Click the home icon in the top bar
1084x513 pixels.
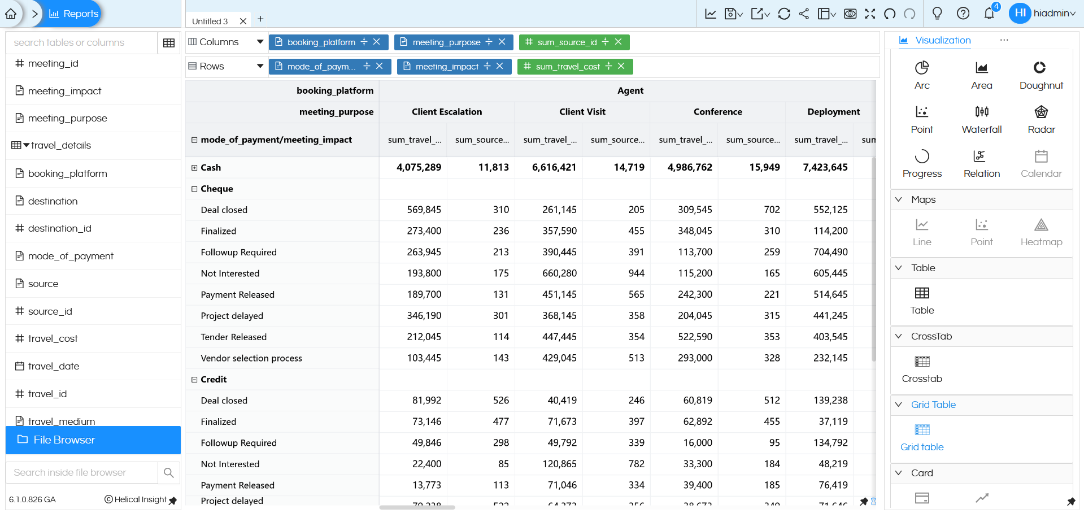pos(11,14)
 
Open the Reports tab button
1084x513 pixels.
pos(74,14)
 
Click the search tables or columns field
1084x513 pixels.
pos(81,43)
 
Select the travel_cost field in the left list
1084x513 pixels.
pos(53,338)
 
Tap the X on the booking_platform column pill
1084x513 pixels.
pos(377,42)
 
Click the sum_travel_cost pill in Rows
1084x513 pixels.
pos(567,67)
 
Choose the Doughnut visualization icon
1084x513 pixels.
pos(1041,68)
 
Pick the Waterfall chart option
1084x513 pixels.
pos(981,112)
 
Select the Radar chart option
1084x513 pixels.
pos(1041,112)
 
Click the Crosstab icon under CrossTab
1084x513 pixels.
pos(921,362)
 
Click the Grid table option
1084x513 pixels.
pos(921,431)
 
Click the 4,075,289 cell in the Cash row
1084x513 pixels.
pos(419,167)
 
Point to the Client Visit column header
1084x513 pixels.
pos(582,112)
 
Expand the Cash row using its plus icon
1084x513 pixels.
pos(194,168)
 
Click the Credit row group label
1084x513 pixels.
pos(214,380)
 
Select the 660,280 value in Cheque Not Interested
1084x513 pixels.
pos(559,273)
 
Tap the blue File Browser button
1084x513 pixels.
pos(93,440)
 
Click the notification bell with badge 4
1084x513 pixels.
pos(989,14)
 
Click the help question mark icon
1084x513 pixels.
pos(963,14)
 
